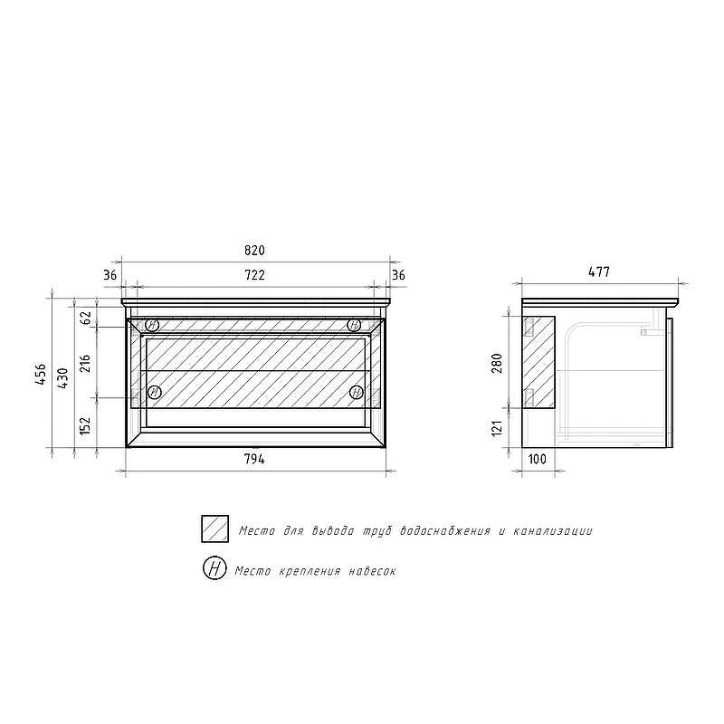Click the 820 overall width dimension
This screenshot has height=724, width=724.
pyautogui.click(x=254, y=251)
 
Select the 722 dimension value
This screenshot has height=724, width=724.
pyautogui.click(x=254, y=275)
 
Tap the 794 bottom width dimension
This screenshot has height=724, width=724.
pyautogui.click(x=254, y=459)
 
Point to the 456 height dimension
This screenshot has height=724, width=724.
pyautogui.click(x=41, y=375)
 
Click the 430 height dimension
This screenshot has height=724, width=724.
pyautogui.click(x=62, y=378)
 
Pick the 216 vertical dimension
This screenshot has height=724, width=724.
pyautogui.click(x=85, y=364)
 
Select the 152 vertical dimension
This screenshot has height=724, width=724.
pyautogui.click(x=85, y=425)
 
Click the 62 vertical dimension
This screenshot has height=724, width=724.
pyautogui.click(x=86, y=318)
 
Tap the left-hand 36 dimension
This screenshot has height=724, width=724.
pyautogui.click(x=110, y=275)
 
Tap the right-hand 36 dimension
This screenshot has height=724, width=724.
pyautogui.click(x=398, y=275)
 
